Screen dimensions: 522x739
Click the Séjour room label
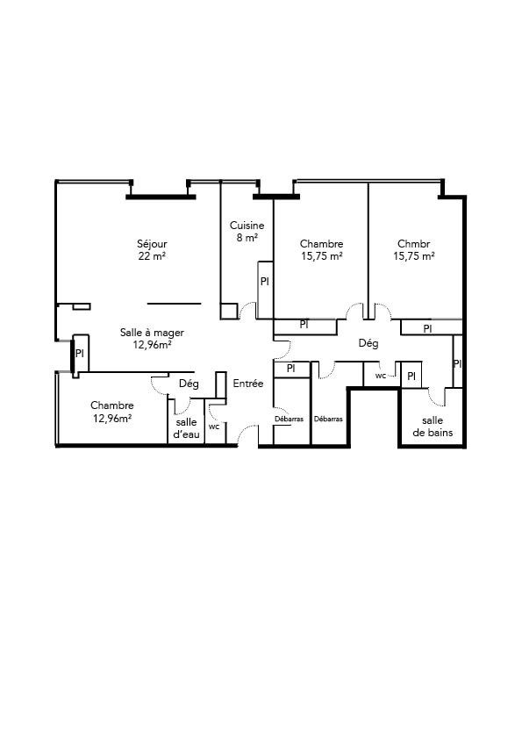(x=152, y=244)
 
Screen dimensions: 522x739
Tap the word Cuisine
(x=247, y=226)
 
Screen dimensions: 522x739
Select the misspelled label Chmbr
(x=413, y=244)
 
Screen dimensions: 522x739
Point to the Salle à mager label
(x=152, y=333)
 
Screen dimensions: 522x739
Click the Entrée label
(x=247, y=384)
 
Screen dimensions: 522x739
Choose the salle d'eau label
(x=186, y=428)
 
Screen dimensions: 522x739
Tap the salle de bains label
(x=433, y=427)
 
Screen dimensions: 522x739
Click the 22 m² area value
(x=152, y=256)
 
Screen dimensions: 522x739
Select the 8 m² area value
(x=247, y=238)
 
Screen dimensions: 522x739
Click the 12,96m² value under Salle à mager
(x=152, y=345)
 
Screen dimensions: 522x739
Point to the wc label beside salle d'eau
(x=214, y=427)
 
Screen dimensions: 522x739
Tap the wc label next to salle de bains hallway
(x=381, y=376)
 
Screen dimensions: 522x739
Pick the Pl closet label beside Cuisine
(x=265, y=282)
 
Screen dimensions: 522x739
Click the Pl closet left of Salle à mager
(x=80, y=353)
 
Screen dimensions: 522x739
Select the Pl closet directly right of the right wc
(x=411, y=377)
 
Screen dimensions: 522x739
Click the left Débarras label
(x=289, y=419)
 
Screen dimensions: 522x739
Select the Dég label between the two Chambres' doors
(x=368, y=343)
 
